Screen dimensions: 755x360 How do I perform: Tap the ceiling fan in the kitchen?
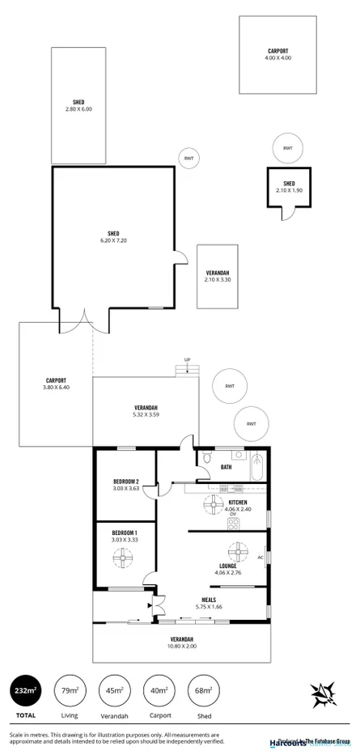214,506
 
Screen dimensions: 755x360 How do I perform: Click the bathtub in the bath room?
257,468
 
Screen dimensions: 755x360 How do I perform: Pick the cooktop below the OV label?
235,524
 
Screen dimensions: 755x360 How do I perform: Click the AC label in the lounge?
260,558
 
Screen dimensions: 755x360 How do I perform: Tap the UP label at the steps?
188,359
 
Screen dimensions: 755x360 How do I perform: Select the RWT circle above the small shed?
287,148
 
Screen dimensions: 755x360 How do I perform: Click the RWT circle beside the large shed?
188,158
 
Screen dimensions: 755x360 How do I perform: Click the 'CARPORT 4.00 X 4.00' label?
279,54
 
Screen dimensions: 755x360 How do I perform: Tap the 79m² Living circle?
70,690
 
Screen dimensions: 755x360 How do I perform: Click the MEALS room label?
209,600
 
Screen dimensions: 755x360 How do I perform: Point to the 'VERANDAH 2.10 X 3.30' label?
218,276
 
